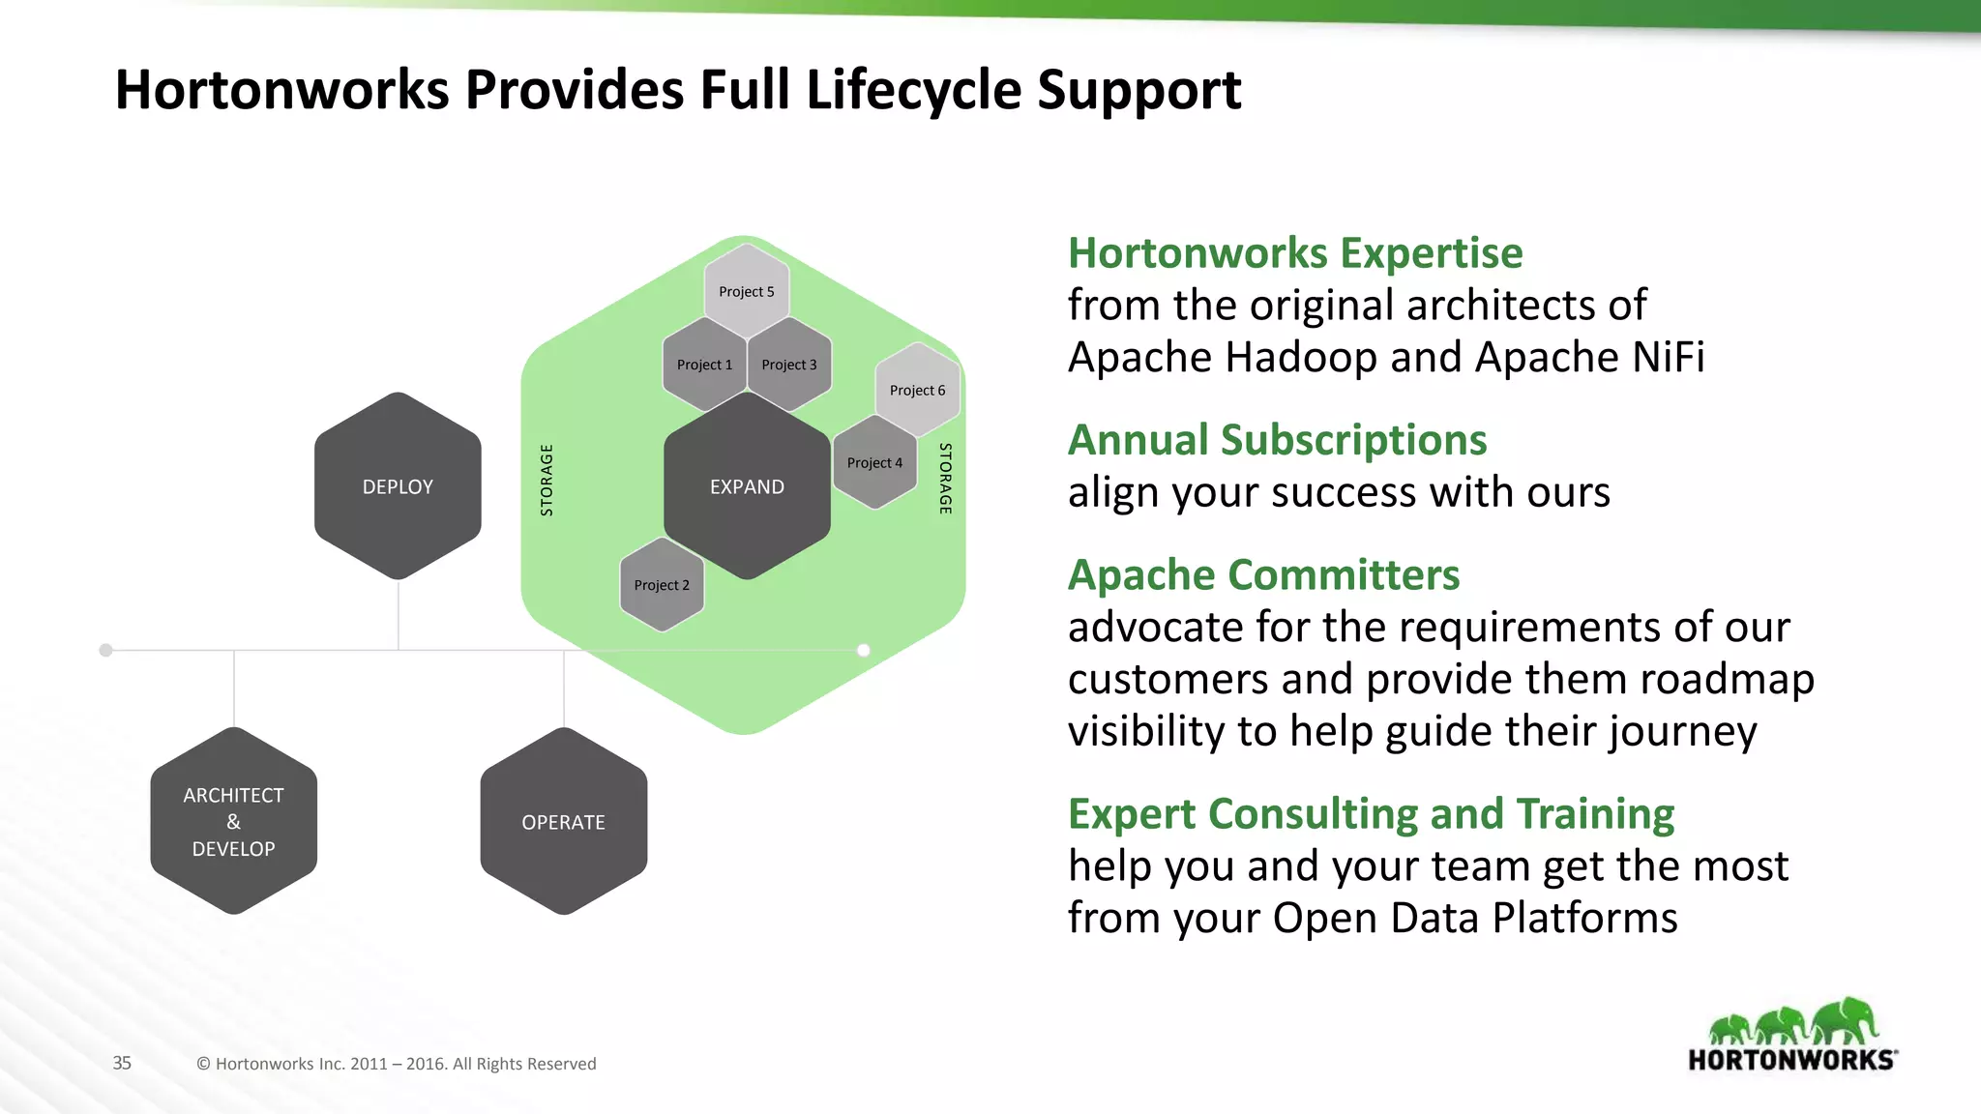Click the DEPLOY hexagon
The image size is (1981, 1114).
pos(398,486)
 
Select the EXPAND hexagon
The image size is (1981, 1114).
pos(747,486)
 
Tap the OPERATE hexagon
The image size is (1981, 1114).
pos(563,822)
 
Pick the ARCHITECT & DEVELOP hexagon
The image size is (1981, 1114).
pos(233,821)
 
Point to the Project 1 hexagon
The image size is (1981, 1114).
pos(704,365)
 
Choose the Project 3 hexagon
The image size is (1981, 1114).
pos(789,365)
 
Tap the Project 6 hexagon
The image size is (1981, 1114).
pos(917,390)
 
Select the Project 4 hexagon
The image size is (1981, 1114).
pos(874,463)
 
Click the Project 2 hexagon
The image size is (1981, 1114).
pos(662,585)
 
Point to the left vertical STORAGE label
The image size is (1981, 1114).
pos(547,480)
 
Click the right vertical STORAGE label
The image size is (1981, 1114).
pos(945,478)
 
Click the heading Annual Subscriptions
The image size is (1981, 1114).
pos(1277,440)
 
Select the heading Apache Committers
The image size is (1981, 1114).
pos(1263,575)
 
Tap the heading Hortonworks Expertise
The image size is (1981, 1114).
pos(1295,253)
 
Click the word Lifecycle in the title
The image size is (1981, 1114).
pos(914,90)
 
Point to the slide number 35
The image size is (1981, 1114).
pos(122,1063)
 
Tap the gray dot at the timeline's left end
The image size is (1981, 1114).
pos(106,650)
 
